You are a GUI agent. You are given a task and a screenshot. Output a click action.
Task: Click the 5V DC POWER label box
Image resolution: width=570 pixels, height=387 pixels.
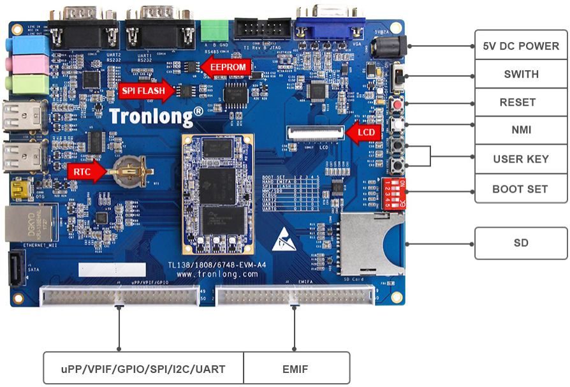[521, 46]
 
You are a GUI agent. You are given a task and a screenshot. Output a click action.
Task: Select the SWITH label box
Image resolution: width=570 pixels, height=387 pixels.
[521, 74]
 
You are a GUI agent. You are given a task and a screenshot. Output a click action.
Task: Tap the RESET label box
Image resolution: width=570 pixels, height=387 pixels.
[521, 102]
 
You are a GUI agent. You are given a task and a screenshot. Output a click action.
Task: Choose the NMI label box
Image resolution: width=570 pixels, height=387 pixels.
[521, 130]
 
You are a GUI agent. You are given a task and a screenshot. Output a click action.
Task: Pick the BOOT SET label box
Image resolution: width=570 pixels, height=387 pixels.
[521, 189]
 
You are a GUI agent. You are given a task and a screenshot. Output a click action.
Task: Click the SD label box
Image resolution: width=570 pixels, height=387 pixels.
[521, 243]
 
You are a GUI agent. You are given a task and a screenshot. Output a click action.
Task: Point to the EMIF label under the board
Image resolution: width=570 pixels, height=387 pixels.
[296, 369]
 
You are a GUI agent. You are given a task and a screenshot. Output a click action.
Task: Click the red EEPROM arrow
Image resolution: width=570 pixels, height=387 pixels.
[224, 66]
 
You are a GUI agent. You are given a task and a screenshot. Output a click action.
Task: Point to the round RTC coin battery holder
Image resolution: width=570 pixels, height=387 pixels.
[131, 170]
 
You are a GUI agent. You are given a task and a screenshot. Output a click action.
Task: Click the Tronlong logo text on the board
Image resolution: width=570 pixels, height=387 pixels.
[156, 116]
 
